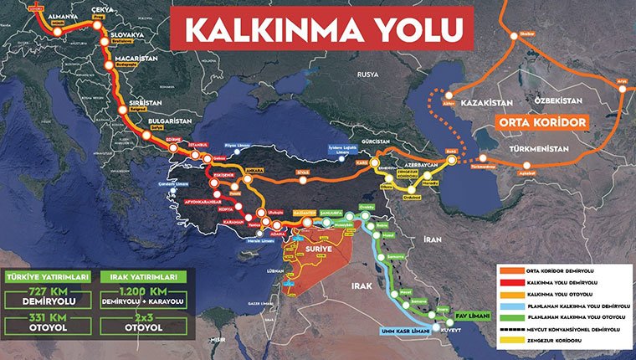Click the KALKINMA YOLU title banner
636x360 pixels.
(x=322, y=28)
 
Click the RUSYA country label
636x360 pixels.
(x=369, y=74)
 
